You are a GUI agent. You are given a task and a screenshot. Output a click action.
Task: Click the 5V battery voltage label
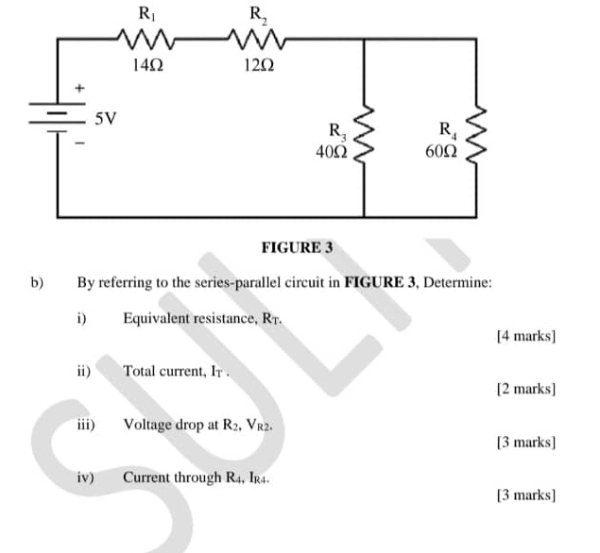click(x=107, y=119)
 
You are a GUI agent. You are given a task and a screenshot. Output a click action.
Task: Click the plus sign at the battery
click(x=80, y=89)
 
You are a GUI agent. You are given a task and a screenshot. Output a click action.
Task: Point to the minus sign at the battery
click(x=80, y=144)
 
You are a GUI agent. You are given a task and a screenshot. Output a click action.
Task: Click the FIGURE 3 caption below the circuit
click(x=297, y=248)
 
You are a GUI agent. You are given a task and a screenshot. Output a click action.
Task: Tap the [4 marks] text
click(x=526, y=336)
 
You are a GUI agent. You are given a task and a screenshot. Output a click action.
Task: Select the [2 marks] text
click(x=526, y=388)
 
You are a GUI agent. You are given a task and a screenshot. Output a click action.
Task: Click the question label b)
click(x=38, y=281)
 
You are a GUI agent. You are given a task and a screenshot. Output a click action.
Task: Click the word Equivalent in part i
click(x=156, y=318)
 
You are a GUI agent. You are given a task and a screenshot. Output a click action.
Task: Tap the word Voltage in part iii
click(x=146, y=425)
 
